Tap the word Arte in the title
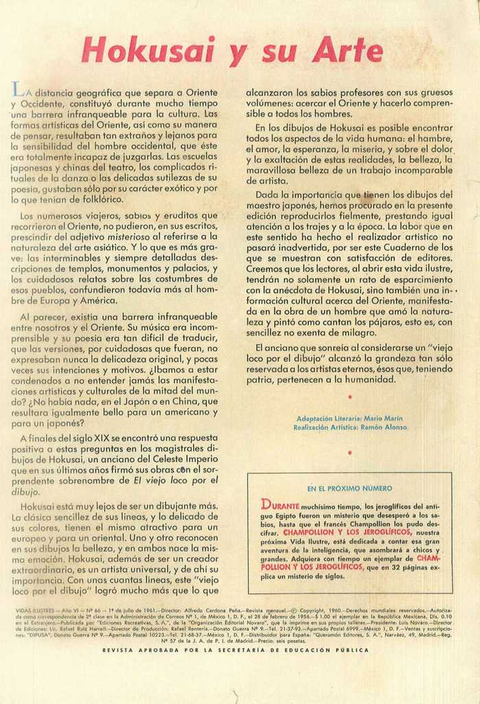tap(347, 51)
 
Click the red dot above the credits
tap(350, 397)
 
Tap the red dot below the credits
tap(350, 452)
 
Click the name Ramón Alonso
tap(383, 427)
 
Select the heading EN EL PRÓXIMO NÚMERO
tap(350, 488)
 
